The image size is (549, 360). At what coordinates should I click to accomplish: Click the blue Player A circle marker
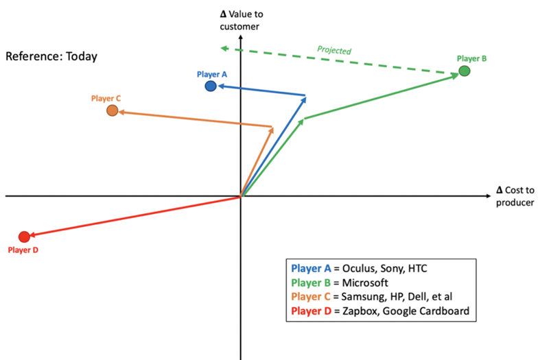click(211, 86)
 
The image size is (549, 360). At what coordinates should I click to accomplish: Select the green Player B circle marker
click(465, 71)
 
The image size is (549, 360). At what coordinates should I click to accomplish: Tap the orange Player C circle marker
click(113, 110)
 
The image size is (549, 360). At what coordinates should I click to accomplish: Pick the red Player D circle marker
click(24, 237)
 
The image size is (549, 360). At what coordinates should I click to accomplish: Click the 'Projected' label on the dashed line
click(334, 51)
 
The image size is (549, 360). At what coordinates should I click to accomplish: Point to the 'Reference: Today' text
click(51, 56)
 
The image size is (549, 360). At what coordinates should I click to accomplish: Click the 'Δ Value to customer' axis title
click(240, 20)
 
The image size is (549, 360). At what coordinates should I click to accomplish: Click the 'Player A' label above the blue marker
click(211, 73)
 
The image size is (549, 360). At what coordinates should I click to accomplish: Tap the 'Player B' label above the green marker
click(471, 59)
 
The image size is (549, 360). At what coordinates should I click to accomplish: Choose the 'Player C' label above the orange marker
click(106, 99)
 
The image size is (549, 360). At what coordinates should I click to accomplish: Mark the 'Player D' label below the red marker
click(23, 250)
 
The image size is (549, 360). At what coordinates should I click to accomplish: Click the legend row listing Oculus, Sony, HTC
click(364, 269)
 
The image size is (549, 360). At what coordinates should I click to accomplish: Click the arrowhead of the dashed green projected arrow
click(224, 48)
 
